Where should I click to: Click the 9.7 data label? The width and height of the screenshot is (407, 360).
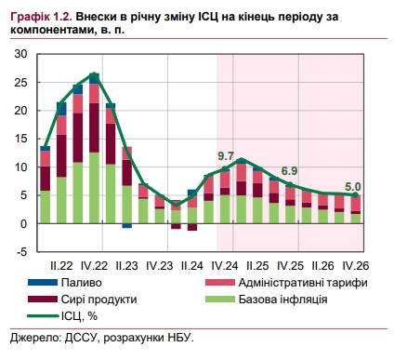[226, 154]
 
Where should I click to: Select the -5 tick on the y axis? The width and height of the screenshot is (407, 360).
[21, 251]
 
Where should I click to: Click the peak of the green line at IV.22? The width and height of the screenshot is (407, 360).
[95, 74]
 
